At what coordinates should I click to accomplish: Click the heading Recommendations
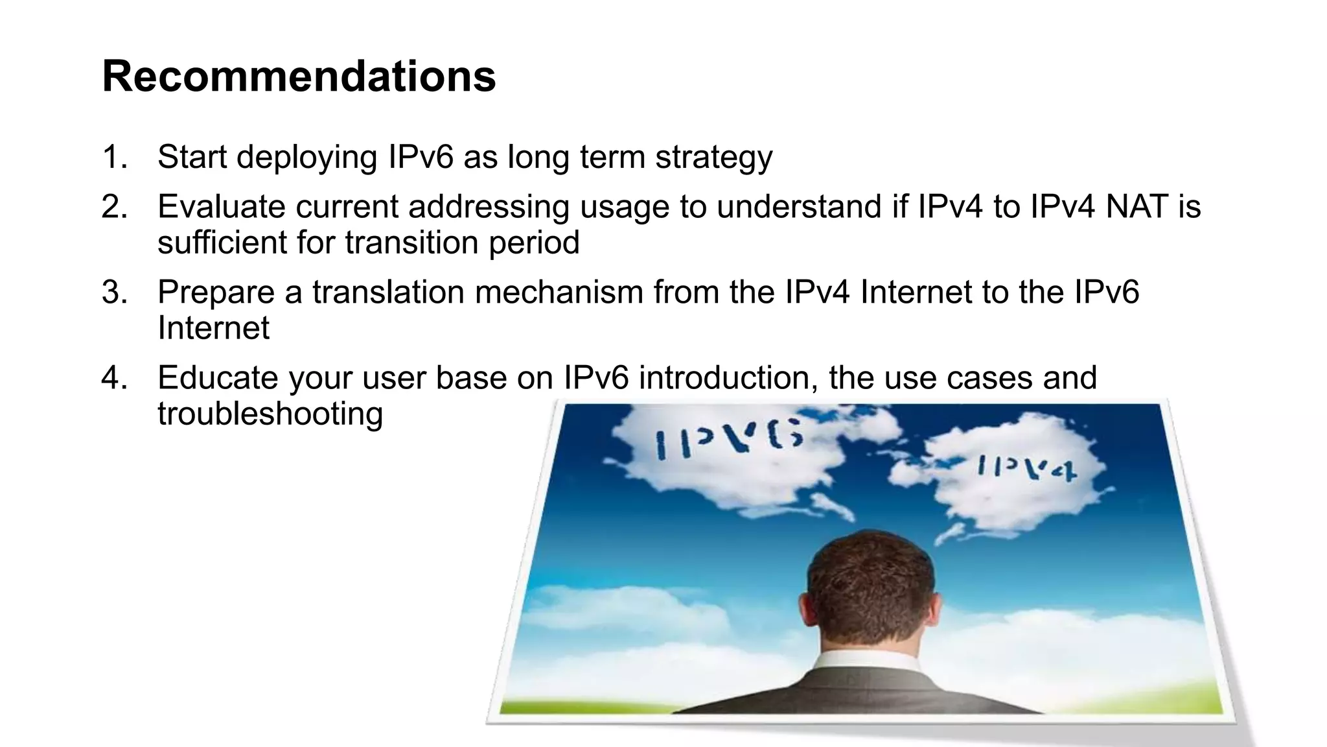tap(299, 77)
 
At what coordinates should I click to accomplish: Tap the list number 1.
tap(114, 158)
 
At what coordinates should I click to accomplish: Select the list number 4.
tap(114, 378)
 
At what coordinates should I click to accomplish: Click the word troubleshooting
tap(270, 414)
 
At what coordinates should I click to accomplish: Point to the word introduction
tap(728, 378)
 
